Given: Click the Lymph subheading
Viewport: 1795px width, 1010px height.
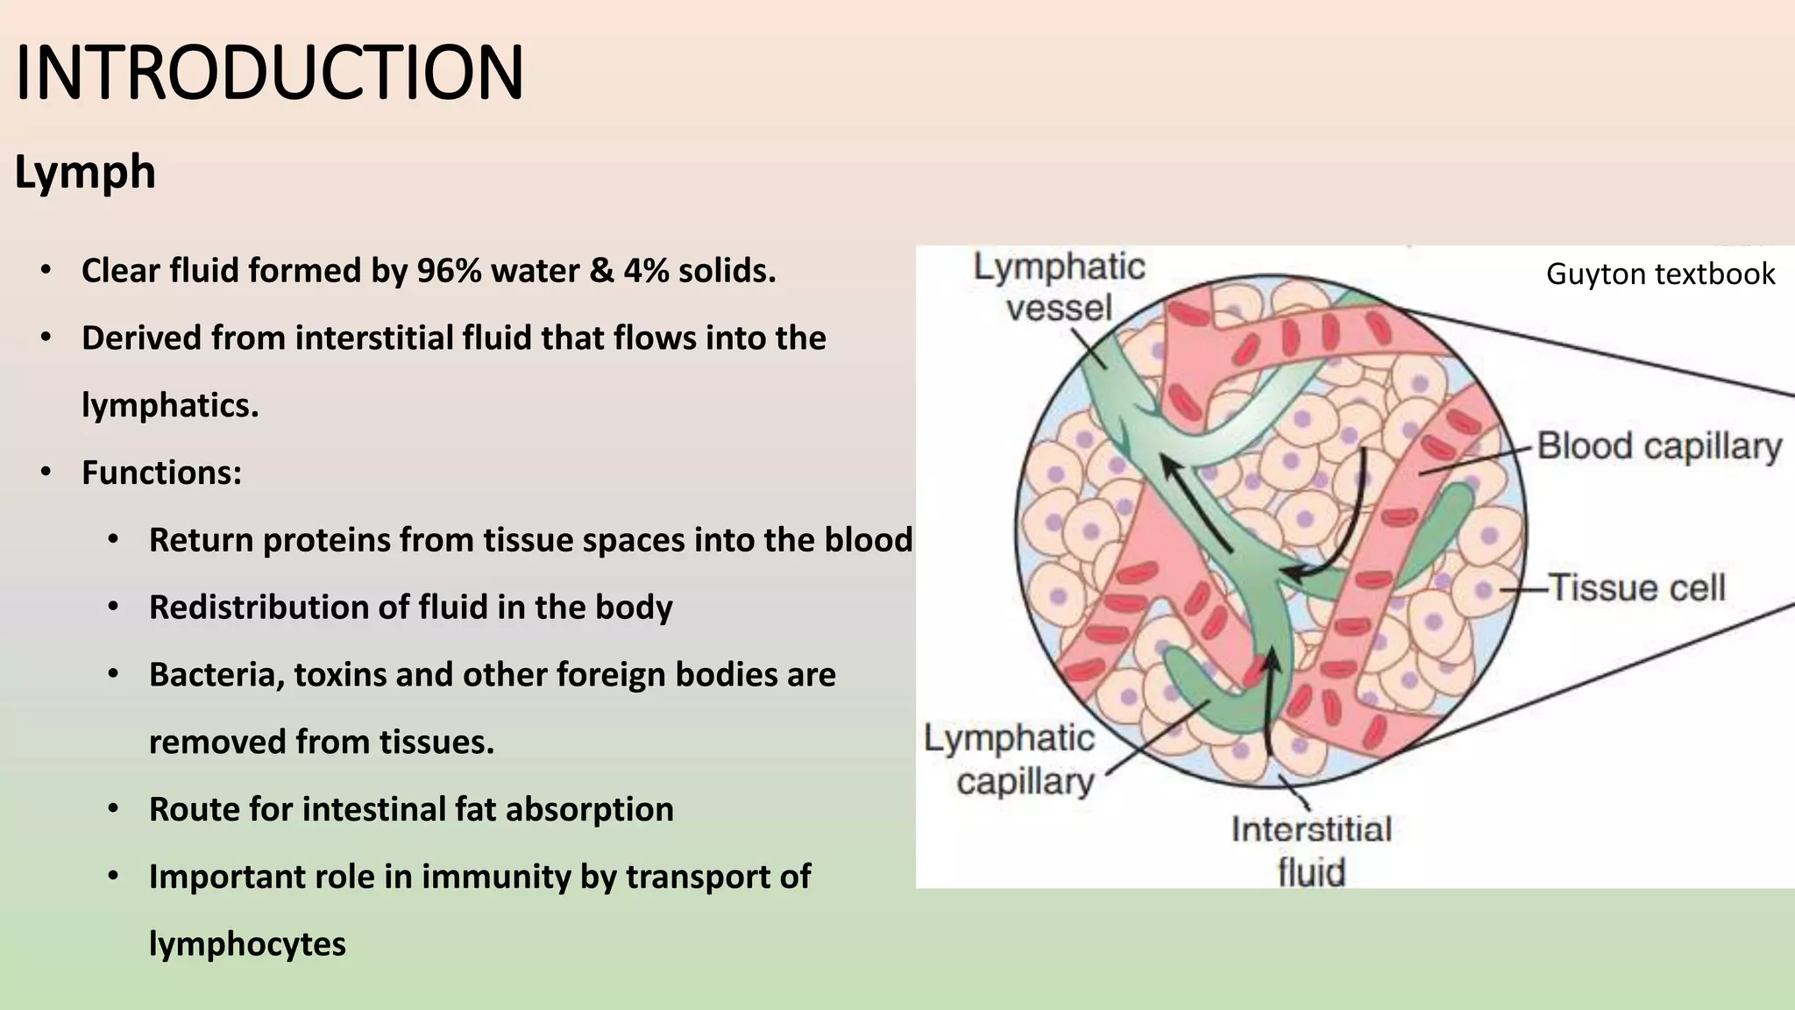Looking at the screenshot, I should (x=85, y=172).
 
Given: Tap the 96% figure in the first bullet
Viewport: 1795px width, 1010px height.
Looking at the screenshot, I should (x=449, y=271).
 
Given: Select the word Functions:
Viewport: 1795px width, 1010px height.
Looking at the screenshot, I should (x=161, y=473).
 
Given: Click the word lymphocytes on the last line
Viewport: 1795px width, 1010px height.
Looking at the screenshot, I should (x=247, y=944).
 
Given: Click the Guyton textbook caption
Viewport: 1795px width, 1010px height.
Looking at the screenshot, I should (x=1660, y=274).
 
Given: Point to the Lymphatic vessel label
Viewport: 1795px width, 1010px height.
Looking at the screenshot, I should (x=1059, y=287).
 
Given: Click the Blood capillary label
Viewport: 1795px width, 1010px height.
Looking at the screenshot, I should (x=1659, y=446).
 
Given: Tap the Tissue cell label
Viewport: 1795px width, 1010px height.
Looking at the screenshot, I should (x=1637, y=587).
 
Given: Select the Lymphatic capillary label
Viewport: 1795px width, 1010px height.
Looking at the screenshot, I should (x=1010, y=759).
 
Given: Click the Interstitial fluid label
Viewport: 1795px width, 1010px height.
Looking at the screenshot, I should (x=1311, y=850).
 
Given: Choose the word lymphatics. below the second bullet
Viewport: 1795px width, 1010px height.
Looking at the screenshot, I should (x=170, y=406).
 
